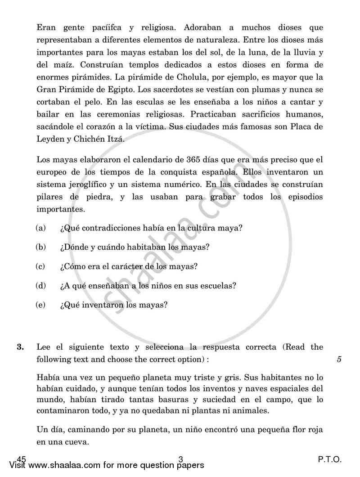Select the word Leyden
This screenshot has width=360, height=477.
click(x=50, y=139)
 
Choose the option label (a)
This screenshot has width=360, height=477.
click(x=41, y=228)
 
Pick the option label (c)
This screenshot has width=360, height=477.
click(x=41, y=266)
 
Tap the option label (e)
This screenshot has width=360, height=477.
click(x=41, y=305)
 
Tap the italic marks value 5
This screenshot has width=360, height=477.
click(x=339, y=359)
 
